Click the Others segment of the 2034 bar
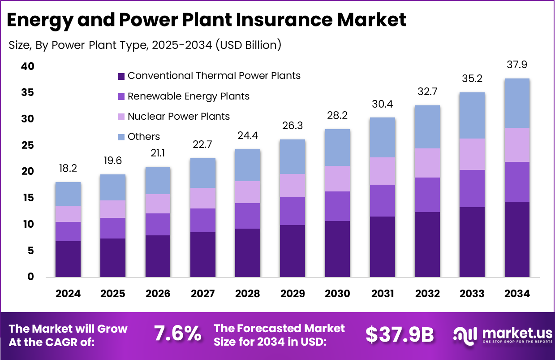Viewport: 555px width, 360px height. point(517,103)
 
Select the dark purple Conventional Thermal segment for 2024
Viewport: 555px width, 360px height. point(68,259)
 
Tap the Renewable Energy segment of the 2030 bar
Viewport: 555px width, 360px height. point(337,206)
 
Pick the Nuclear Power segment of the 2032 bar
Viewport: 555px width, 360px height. point(427,163)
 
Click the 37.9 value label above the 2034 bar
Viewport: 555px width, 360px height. point(517,65)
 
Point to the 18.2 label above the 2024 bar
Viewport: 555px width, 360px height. point(68,169)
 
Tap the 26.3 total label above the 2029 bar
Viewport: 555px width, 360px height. point(293,126)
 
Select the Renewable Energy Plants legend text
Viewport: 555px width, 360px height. point(188,96)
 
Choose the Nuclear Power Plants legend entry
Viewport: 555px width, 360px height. point(178,117)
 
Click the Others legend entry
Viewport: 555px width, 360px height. point(143,137)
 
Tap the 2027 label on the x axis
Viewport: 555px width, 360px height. point(202,294)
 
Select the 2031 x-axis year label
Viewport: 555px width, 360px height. point(382,294)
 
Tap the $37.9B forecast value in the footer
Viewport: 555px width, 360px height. point(400,334)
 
